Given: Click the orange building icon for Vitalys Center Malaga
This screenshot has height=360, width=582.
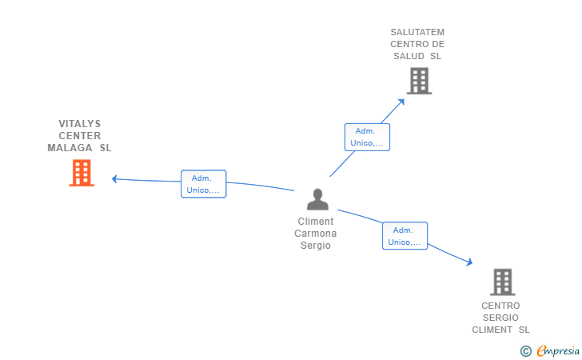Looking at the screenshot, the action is pos(82,173).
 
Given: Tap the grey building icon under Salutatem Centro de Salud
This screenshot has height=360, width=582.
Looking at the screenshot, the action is pos(419,81).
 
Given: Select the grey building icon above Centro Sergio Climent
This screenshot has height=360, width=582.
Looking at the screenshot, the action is pos(503,282).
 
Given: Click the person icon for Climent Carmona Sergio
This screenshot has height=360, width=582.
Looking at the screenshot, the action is pos(317,199).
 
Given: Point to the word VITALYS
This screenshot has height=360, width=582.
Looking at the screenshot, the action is pos(79,124).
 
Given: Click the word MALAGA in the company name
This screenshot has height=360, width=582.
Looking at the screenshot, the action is pos(70,148).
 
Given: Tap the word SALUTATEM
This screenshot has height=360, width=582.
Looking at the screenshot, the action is pos(417,32).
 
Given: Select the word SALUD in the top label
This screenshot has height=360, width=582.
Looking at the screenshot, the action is pos(409,56).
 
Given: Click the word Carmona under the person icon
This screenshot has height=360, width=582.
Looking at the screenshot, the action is pos(316,234).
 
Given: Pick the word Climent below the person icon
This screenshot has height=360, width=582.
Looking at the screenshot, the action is pos(316,222).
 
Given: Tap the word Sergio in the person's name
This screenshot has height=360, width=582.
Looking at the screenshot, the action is pos(316,246).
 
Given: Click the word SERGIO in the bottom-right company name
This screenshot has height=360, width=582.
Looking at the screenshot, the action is pos(500,318).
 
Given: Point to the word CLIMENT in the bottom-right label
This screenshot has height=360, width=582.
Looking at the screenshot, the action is pos(492,330).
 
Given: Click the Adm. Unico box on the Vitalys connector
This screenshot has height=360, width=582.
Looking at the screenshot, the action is pos(203,184).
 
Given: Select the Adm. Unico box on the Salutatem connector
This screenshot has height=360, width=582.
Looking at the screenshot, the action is pos(367,137).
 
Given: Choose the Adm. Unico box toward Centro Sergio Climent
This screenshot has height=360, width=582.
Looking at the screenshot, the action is pos(405,236).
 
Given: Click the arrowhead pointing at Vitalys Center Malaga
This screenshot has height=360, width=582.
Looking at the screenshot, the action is pos(114,179).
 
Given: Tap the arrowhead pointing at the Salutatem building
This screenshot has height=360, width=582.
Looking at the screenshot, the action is pos(401,102).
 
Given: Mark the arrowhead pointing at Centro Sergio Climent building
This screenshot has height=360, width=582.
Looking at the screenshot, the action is pos(470,262).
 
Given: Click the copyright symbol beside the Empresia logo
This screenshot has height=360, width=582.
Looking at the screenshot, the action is pos(526,351).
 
